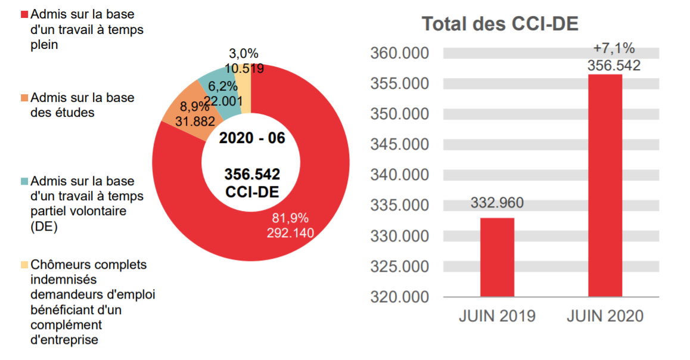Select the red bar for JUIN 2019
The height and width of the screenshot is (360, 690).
coord(497,257)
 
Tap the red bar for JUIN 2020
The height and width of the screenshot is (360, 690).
coord(605,185)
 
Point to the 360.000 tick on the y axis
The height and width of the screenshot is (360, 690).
coord(399,54)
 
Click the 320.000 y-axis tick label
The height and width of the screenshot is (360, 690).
coord(399,297)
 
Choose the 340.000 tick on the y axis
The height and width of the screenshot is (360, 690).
coord(399,175)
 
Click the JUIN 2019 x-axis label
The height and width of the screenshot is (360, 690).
coord(497,316)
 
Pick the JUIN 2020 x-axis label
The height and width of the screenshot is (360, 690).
coord(605,316)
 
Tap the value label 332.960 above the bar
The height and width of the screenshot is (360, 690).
coord(497,203)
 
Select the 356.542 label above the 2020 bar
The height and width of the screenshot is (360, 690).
coord(614,66)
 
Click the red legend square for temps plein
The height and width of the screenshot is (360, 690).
coord(24,14)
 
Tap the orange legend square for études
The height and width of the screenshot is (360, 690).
coord(24,98)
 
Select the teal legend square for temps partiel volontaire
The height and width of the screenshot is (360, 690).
coord(24,181)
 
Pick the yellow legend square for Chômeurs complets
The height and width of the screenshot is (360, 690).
coord(24,265)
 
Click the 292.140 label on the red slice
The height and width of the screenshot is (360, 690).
coord(290,232)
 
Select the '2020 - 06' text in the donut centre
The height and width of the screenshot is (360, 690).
coord(251,138)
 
